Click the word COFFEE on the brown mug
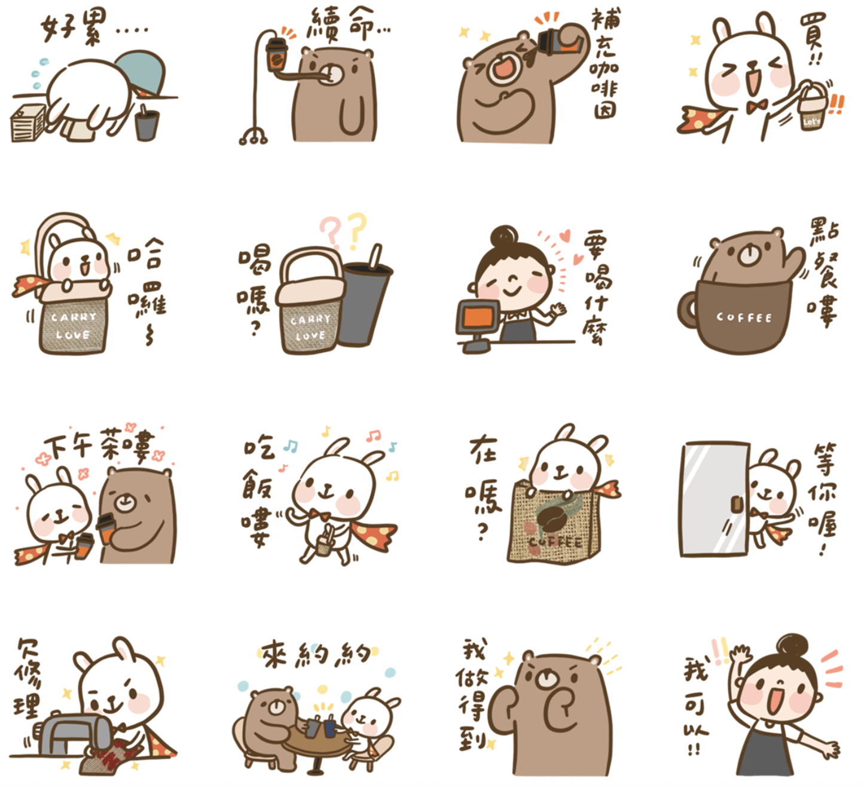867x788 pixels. [744, 317]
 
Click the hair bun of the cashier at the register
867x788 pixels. [504, 237]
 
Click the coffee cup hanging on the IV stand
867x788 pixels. [277, 54]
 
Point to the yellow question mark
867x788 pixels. [357, 230]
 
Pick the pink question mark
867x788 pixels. [331, 232]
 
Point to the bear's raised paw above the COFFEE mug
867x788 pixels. [795, 259]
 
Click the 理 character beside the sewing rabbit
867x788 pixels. [28, 706]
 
